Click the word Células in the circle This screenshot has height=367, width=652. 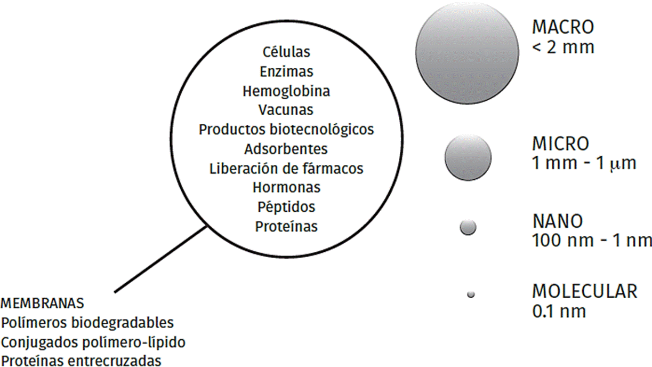pyautogui.click(x=286, y=52)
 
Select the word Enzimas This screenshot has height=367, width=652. pyautogui.click(x=286, y=71)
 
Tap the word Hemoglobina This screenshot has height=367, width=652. pyautogui.click(x=286, y=91)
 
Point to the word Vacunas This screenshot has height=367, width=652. pyautogui.click(x=286, y=110)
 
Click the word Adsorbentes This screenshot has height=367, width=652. pyautogui.click(x=286, y=148)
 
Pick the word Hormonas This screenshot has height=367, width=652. pyautogui.click(x=286, y=188)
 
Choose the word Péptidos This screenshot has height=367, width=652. pyautogui.click(x=286, y=207)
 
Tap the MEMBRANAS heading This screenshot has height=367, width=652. pyautogui.click(x=43, y=304)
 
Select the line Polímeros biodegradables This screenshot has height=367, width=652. pyautogui.click(x=87, y=323)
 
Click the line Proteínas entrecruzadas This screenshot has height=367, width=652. pyautogui.click(x=81, y=361)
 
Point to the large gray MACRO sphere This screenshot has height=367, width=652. pyautogui.click(x=468, y=54)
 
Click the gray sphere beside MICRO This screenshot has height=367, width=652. pyautogui.click(x=468, y=157)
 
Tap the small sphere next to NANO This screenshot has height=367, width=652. pyautogui.click(x=468, y=227)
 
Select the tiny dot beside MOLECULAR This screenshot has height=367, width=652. pyautogui.click(x=470, y=294)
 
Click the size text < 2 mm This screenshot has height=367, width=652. pyautogui.click(x=562, y=47)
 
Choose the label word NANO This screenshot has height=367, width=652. pyautogui.click(x=558, y=221)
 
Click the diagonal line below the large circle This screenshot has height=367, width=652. pyautogui.click(x=160, y=259)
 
